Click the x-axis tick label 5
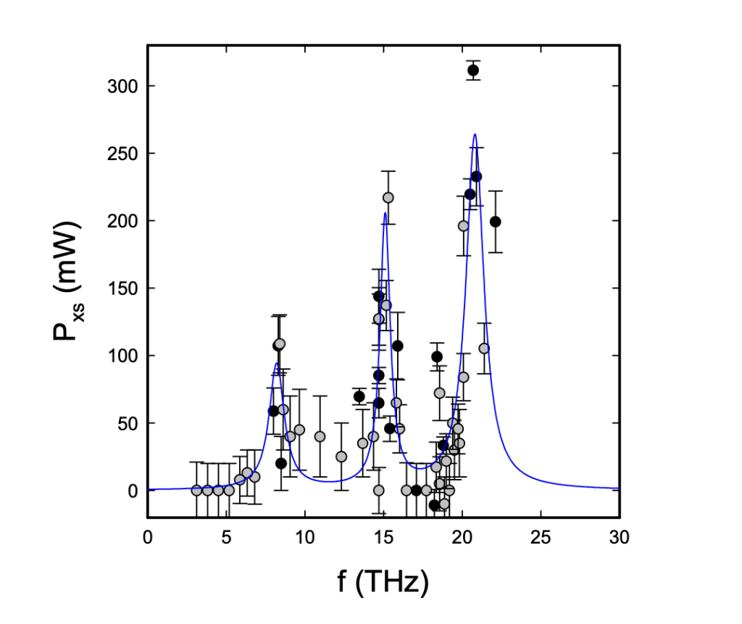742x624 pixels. click(226, 538)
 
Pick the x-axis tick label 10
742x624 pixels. click(304, 538)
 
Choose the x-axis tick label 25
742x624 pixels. click(541, 538)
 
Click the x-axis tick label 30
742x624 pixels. click(620, 538)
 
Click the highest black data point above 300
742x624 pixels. click(473, 70)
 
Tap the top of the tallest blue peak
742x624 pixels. click(475, 134)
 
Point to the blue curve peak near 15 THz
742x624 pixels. click(385, 213)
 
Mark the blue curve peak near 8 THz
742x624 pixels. click(276, 364)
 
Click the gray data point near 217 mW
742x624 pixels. click(388, 197)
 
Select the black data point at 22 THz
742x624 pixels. click(496, 222)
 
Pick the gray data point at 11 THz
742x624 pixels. click(320, 436)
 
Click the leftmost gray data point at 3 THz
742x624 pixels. click(196, 490)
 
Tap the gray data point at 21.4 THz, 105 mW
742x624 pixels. click(484, 349)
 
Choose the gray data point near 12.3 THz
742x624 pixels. click(341, 457)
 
